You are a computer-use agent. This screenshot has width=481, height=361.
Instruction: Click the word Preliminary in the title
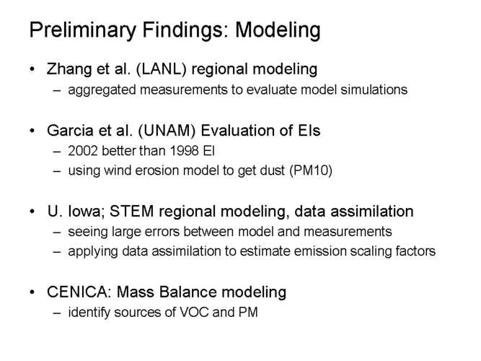click(83, 30)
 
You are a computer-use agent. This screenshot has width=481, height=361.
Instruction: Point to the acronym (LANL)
click(161, 69)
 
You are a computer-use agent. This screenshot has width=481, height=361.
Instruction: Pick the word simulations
click(374, 90)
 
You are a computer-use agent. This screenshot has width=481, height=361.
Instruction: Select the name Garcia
click(70, 130)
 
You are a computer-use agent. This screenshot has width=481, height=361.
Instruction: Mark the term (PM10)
click(311, 170)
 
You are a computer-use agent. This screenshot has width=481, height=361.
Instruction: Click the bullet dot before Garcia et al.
click(32, 131)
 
